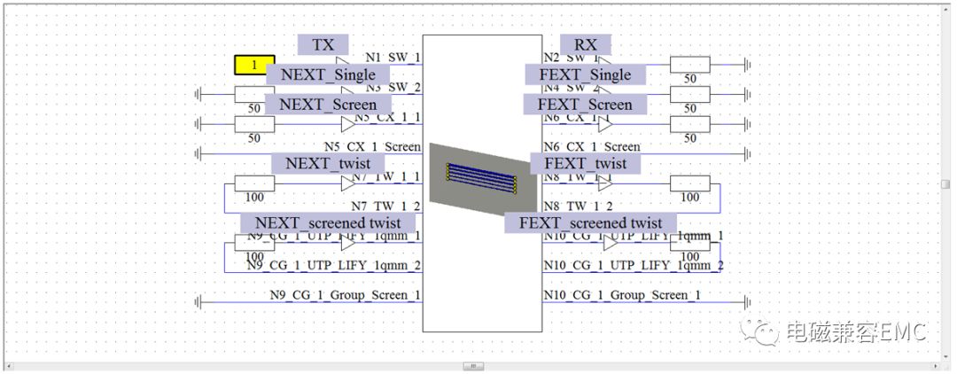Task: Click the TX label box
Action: [x=323, y=45]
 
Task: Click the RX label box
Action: [x=585, y=45]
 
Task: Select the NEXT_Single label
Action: [x=327, y=74]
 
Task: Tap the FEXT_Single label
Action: [x=585, y=74]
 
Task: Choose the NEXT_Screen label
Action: [x=328, y=105]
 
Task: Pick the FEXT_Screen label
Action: [x=585, y=105]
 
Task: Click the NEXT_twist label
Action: [x=327, y=163]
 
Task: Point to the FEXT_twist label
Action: [x=585, y=163]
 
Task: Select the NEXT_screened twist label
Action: [x=327, y=222]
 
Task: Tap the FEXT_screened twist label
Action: [x=590, y=222]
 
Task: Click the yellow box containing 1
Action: [x=254, y=65]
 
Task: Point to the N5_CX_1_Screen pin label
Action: [x=371, y=147]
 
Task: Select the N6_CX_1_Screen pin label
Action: [x=592, y=147]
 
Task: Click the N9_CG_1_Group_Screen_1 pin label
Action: [x=346, y=295]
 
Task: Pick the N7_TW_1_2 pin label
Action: [x=386, y=206]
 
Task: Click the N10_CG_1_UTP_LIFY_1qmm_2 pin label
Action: [x=633, y=265]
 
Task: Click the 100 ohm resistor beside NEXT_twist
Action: [x=254, y=183]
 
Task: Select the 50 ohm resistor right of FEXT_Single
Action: [x=689, y=65]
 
